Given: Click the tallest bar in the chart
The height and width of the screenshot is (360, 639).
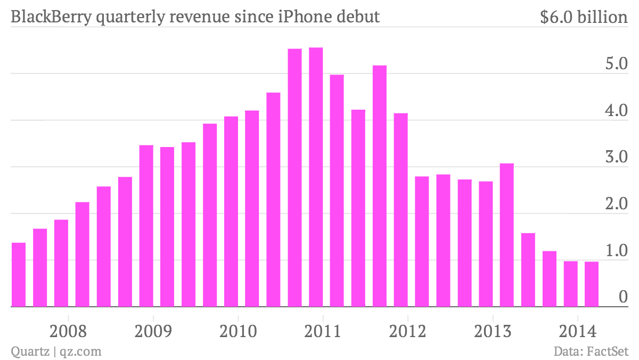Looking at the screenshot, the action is [x=316, y=177].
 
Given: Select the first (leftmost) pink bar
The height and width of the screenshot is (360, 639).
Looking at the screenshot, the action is [x=19, y=275].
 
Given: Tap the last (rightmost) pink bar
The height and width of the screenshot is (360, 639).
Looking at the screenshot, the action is [x=592, y=284].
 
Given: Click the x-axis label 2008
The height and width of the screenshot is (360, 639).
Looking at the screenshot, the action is [x=68, y=331].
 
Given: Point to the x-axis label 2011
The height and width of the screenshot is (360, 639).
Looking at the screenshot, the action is [x=323, y=331].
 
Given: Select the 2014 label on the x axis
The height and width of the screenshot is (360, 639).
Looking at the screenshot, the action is [x=578, y=331].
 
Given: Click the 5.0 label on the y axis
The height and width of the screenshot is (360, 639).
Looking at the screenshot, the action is [x=616, y=63].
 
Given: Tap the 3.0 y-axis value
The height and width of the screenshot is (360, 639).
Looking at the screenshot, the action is [x=616, y=157].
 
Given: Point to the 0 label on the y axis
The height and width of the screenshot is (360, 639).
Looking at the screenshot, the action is [x=623, y=297].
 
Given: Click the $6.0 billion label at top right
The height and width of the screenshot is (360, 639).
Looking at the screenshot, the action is [x=584, y=17].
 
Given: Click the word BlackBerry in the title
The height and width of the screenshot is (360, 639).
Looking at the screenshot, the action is [x=51, y=17].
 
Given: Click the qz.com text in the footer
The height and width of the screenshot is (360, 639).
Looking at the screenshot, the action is [x=80, y=351].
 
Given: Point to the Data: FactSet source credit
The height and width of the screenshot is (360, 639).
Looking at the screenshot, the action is [x=591, y=351].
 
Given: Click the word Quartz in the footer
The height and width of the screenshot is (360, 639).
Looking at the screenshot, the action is [x=30, y=351].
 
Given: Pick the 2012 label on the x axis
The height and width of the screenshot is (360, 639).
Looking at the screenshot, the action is [x=407, y=331].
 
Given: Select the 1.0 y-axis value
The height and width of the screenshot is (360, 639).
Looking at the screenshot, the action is [x=616, y=250].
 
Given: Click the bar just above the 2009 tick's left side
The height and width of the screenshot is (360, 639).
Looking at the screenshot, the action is [x=146, y=226].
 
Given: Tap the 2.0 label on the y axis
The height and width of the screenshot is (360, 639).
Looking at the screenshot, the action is [x=616, y=203].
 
